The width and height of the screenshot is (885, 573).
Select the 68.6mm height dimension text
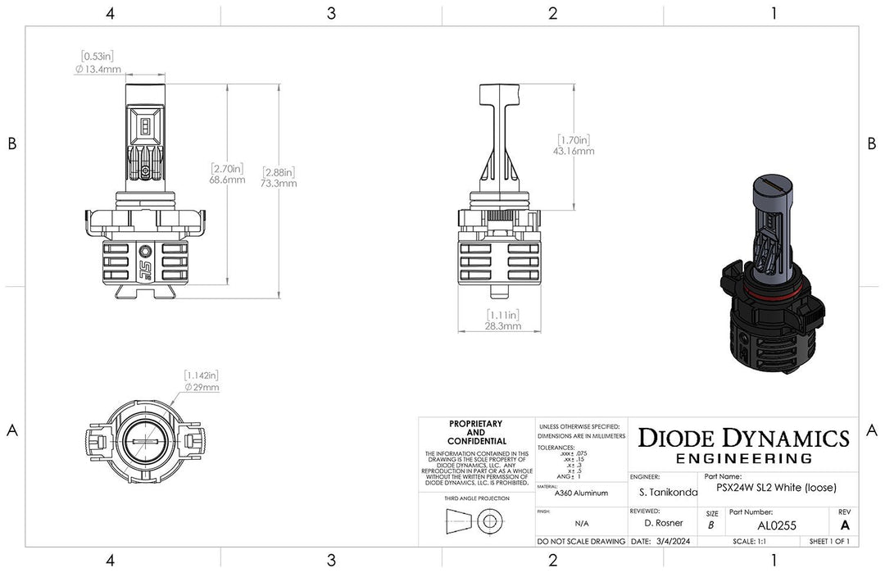[x=227, y=180]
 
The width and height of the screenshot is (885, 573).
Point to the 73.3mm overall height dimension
[x=279, y=184]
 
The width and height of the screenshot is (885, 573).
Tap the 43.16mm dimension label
[x=574, y=151]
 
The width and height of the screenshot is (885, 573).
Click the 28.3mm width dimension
[x=501, y=325]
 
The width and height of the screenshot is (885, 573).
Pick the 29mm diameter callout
[x=201, y=387]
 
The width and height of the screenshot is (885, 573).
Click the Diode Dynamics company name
[x=743, y=438]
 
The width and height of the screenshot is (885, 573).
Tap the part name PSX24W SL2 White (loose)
[x=775, y=488]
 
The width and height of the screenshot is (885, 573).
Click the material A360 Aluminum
[x=581, y=493]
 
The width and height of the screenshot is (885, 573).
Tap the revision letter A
[x=845, y=525]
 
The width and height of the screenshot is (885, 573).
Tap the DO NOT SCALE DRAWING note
[x=581, y=542]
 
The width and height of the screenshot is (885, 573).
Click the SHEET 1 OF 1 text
[x=828, y=542]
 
